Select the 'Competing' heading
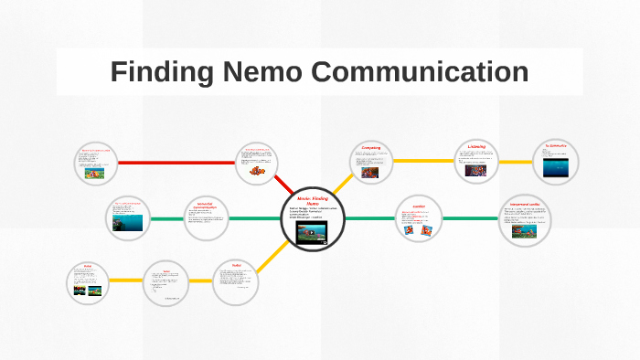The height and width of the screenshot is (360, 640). (370, 146)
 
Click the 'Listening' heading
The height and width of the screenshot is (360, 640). (476, 145)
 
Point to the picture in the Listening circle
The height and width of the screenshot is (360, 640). (476, 168)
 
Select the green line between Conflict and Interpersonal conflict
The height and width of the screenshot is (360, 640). (472, 218)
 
